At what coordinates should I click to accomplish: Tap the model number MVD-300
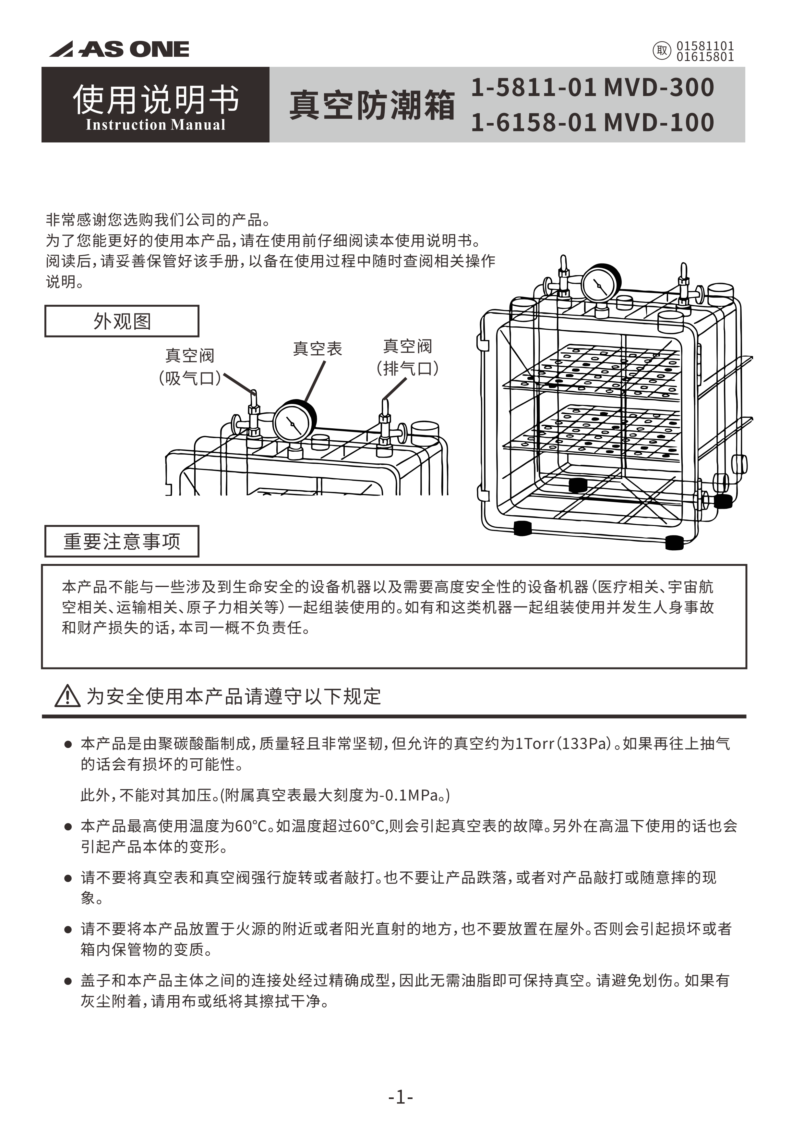point(659,87)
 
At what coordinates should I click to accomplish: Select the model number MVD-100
point(659,122)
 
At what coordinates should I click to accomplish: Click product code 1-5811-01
point(534,87)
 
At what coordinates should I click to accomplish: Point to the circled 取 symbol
point(662,51)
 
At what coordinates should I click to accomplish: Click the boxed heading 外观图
point(122,321)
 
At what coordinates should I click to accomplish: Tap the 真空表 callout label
point(317,348)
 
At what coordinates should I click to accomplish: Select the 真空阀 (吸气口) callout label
point(190,367)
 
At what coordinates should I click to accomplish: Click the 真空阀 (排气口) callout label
point(407,357)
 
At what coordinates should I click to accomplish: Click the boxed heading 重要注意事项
point(122,541)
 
